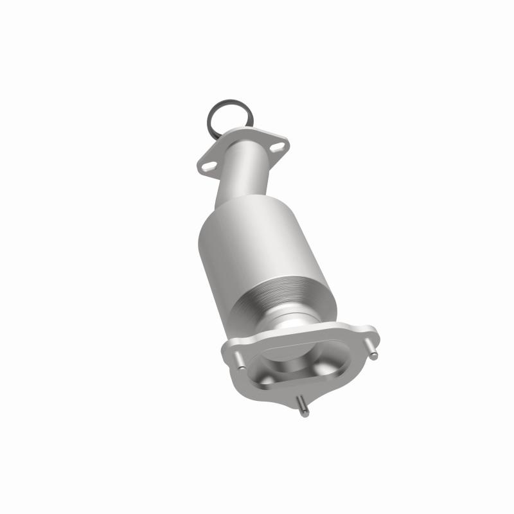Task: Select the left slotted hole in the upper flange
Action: [206, 165]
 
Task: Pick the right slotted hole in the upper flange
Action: [276, 148]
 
